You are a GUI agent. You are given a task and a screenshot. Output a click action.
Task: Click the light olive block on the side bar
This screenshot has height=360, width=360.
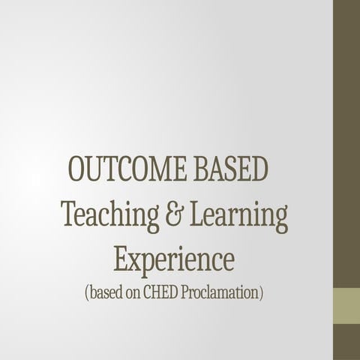[346, 306]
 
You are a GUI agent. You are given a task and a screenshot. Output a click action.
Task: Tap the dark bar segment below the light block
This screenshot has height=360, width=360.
[346, 342]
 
